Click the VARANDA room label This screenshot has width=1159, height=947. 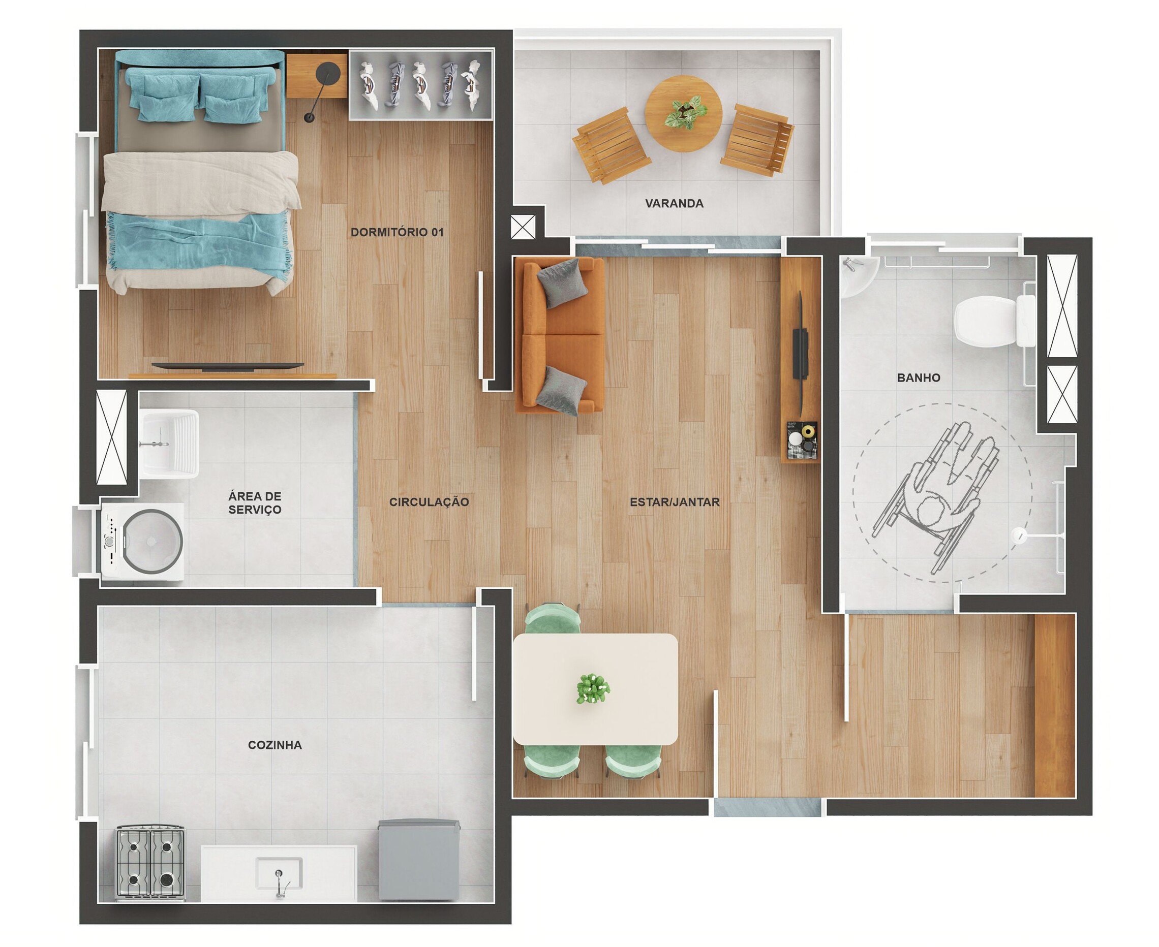point(674,204)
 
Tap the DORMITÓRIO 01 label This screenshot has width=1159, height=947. point(396,232)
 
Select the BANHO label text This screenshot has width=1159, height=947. point(919,377)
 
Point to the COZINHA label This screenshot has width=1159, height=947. point(274,745)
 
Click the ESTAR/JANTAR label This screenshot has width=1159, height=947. point(675,502)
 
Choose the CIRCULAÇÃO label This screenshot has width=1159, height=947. point(429,502)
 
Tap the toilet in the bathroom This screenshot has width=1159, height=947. point(995,321)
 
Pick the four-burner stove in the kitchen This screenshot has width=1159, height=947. point(150,864)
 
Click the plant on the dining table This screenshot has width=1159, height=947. point(593,689)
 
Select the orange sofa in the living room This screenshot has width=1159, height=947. point(560,335)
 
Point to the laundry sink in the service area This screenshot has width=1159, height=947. point(169,444)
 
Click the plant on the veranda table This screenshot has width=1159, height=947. point(685,112)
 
